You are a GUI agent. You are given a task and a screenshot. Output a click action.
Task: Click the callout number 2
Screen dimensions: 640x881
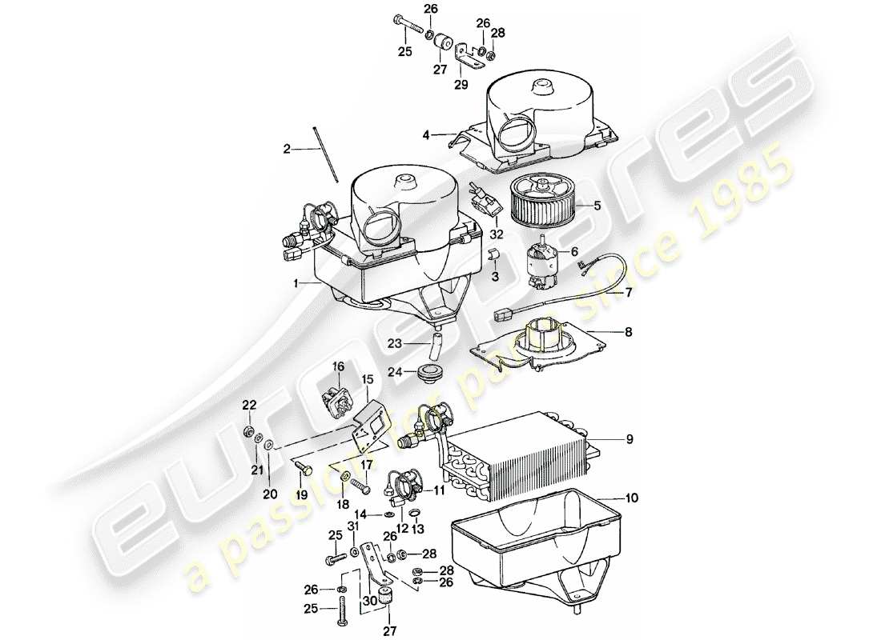click(x=286, y=148)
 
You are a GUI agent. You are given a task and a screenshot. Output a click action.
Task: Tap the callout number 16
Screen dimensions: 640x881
click(x=338, y=366)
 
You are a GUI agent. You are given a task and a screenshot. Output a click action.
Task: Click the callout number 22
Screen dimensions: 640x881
click(x=248, y=406)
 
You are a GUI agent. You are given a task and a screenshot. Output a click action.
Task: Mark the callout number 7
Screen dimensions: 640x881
click(x=629, y=293)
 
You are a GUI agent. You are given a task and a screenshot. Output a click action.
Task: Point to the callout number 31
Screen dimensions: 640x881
click(x=353, y=526)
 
